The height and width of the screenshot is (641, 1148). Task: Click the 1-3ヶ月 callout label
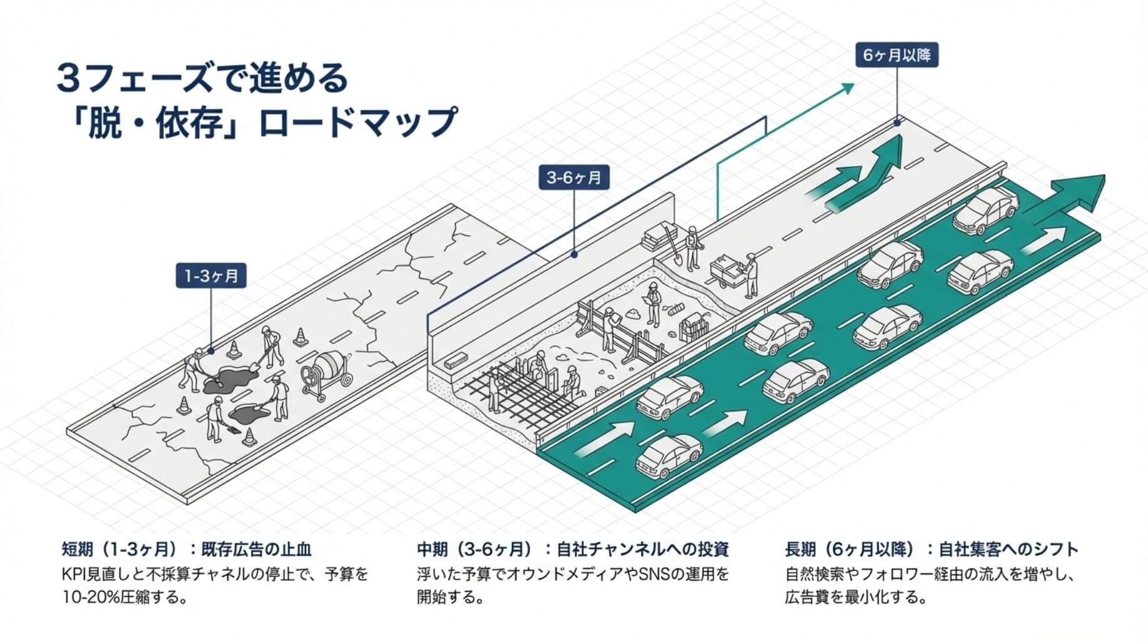[x=211, y=275]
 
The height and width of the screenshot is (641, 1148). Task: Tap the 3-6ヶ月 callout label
[x=574, y=178]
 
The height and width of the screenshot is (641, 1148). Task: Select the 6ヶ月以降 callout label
[x=896, y=55]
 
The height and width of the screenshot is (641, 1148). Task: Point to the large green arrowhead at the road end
[x=1077, y=192]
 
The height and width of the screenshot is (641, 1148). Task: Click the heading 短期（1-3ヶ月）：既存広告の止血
[x=187, y=550]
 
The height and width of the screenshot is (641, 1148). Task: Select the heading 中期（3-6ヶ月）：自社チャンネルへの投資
[x=573, y=550]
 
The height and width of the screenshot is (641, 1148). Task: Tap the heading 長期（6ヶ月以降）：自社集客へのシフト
[x=931, y=550]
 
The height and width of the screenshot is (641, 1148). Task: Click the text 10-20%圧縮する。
[x=125, y=597]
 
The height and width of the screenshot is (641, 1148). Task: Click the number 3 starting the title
[x=66, y=79]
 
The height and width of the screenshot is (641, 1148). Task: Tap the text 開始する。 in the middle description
[x=451, y=597]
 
